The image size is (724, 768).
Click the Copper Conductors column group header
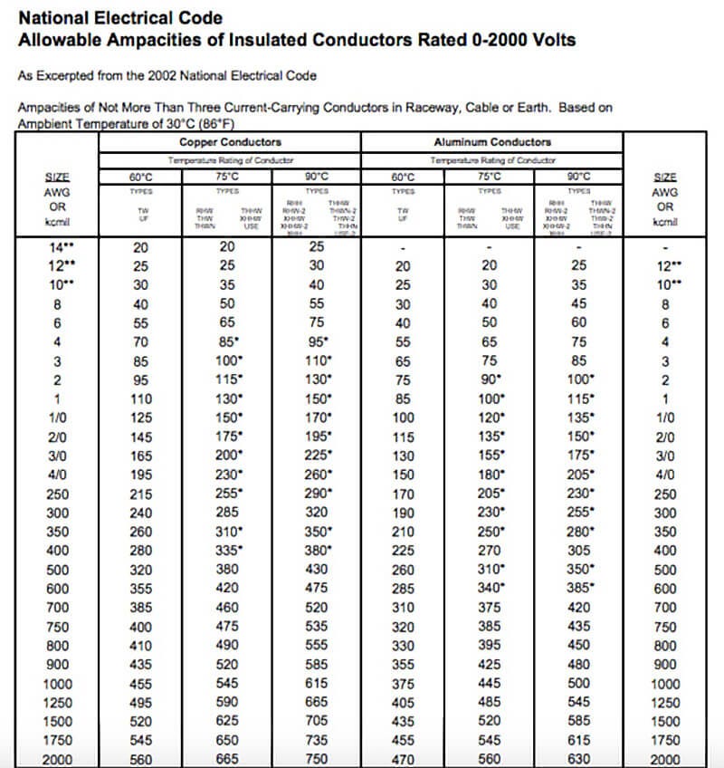(x=230, y=142)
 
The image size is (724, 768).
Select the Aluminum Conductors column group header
(x=492, y=142)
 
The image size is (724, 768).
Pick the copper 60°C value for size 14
(x=141, y=247)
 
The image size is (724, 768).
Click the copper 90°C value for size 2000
(x=317, y=760)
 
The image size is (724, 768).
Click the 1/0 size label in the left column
(x=57, y=418)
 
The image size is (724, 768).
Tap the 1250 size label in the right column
(x=665, y=703)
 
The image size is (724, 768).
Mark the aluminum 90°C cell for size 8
(x=578, y=304)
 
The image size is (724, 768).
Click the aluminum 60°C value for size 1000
(x=403, y=684)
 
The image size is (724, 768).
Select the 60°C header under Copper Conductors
(x=141, y=176)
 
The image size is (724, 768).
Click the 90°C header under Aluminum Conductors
(x=578, y=176)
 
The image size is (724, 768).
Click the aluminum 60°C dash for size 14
(x=403, y=247)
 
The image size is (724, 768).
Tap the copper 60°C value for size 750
(x=141, y=627)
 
